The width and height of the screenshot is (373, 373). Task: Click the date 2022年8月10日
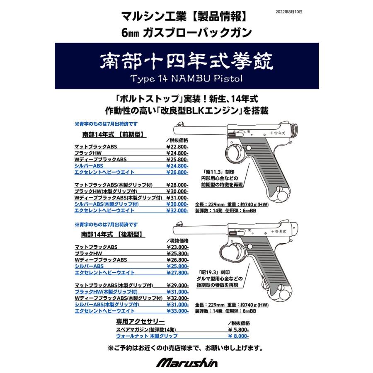[288, 12]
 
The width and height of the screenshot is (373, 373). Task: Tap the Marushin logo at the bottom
[186, 362]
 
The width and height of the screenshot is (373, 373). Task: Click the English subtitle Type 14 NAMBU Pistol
[186, 78]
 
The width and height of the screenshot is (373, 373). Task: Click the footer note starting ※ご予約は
[186, 347]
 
